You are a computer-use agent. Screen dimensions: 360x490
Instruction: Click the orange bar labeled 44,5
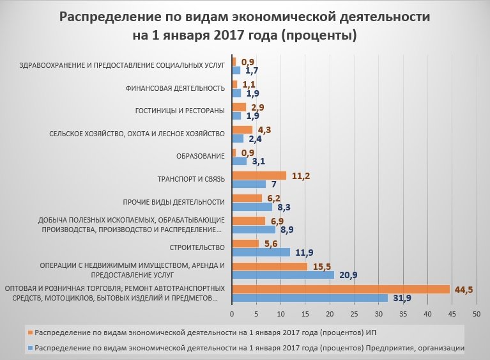[x=341, y=289]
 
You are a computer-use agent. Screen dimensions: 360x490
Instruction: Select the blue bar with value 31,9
[x=309, y=298]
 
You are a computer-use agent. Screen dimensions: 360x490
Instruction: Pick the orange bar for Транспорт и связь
[x=259, y=175]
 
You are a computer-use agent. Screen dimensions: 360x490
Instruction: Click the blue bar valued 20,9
[x=282, y=275]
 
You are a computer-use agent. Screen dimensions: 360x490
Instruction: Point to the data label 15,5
[x=323, y=265]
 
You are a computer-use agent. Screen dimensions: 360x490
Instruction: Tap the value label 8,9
[x=287, y=229]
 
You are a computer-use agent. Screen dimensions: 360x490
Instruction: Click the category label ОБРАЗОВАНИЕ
[x=200, y=157]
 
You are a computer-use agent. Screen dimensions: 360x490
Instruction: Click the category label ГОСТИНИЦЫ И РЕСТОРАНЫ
[x=180, y=111]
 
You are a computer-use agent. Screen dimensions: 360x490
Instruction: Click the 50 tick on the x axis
[x=476, y=315]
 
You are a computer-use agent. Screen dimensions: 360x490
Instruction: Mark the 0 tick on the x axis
[x=231, y=315]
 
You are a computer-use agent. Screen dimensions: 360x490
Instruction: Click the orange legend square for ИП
[x=30, y=333]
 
